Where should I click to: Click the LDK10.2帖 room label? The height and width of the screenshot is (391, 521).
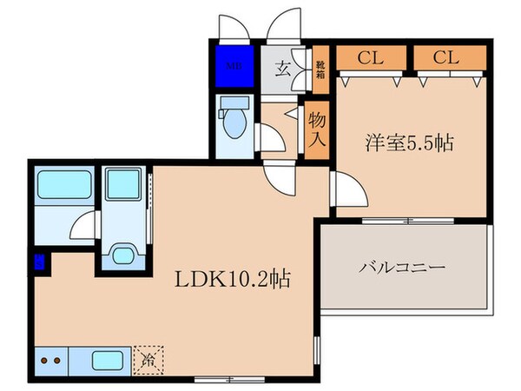pos(234,280)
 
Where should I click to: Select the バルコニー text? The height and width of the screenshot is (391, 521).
pos(404,267)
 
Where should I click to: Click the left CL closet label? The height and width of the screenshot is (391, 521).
pos(371,59)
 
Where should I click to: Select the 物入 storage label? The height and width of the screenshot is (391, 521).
pos(317,130)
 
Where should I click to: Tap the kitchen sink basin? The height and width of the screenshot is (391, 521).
pos(109,358)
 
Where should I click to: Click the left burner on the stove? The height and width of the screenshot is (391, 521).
pos(44,358)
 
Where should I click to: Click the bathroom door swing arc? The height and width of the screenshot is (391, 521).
pos(82,228)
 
